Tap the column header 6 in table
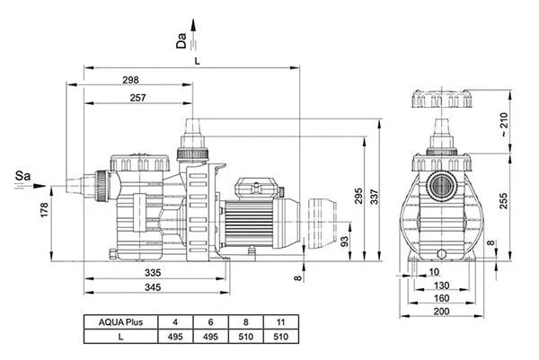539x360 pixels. click(210, 320)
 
